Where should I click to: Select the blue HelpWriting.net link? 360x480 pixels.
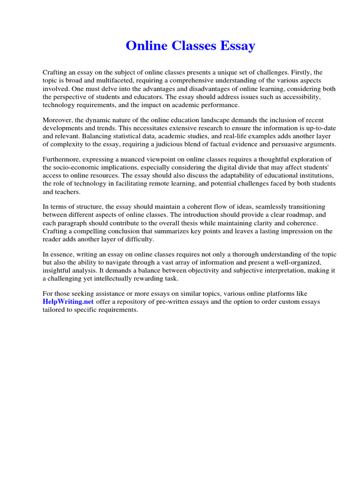click(x=68, y=302)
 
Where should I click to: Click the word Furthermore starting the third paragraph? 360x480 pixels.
click(x=63, y=160)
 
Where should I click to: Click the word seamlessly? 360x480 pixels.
click(x=266, y=207)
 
